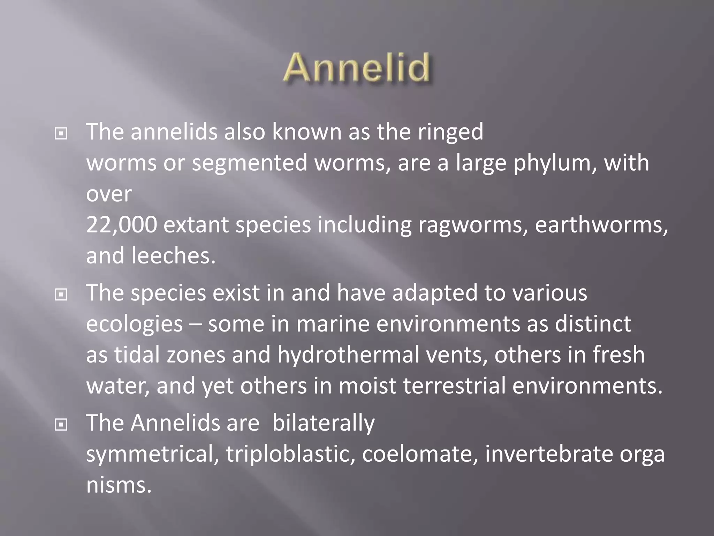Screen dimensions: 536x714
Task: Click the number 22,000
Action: point(121,225)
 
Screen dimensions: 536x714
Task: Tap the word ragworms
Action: point(472,225)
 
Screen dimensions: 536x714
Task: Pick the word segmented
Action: point(250,163)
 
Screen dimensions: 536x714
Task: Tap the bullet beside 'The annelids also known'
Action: point(61,133)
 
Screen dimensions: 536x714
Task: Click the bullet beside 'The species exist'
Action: point(61,295)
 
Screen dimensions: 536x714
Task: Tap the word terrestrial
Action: point(454,386)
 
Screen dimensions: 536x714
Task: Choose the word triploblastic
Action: point(288,454)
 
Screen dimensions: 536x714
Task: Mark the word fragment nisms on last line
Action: point(119,485)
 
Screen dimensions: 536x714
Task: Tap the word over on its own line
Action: point(109,194)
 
